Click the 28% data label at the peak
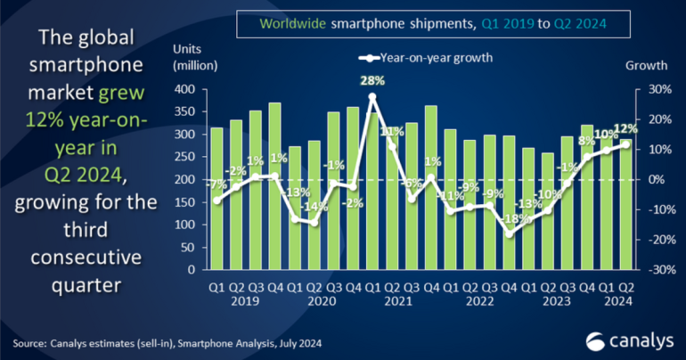tap(372, 81)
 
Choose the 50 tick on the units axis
tap(188, 247)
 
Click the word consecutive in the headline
tap(84, 258)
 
